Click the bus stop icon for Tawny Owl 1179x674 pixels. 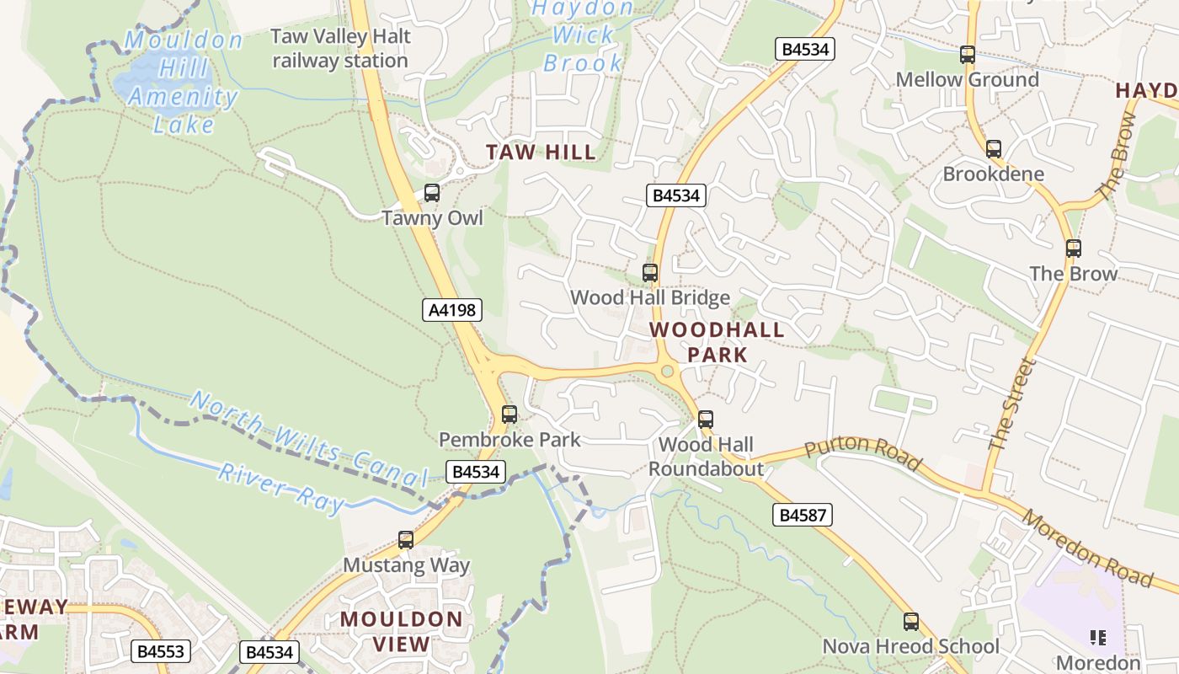click(x=432, y=193)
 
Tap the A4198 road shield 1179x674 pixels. click(x=452, y=310)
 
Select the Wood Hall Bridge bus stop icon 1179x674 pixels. click(x=649, y=272)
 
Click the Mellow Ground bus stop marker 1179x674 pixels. click(x=967, y=55)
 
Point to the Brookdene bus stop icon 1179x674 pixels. click(x=994, y=149)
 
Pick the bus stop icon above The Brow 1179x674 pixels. click(x=1073, y=249)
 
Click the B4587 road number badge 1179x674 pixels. click(x=803, y=514)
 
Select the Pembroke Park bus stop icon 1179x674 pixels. click(x=509, y=415)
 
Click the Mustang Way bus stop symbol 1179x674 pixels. click(x=406, y=540)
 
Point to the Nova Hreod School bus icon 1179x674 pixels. click(x=910, y=622)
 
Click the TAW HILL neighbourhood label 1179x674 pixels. click(x=541, y=152)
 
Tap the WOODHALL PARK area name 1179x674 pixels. click(x=717, y=342)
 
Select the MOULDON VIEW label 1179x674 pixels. click(x=401, y=632)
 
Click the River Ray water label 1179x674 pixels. click(x=281, y=487)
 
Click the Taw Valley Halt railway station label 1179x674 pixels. click(x=340, y=48)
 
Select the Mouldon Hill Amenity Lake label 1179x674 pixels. click(x=183, y=82)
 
